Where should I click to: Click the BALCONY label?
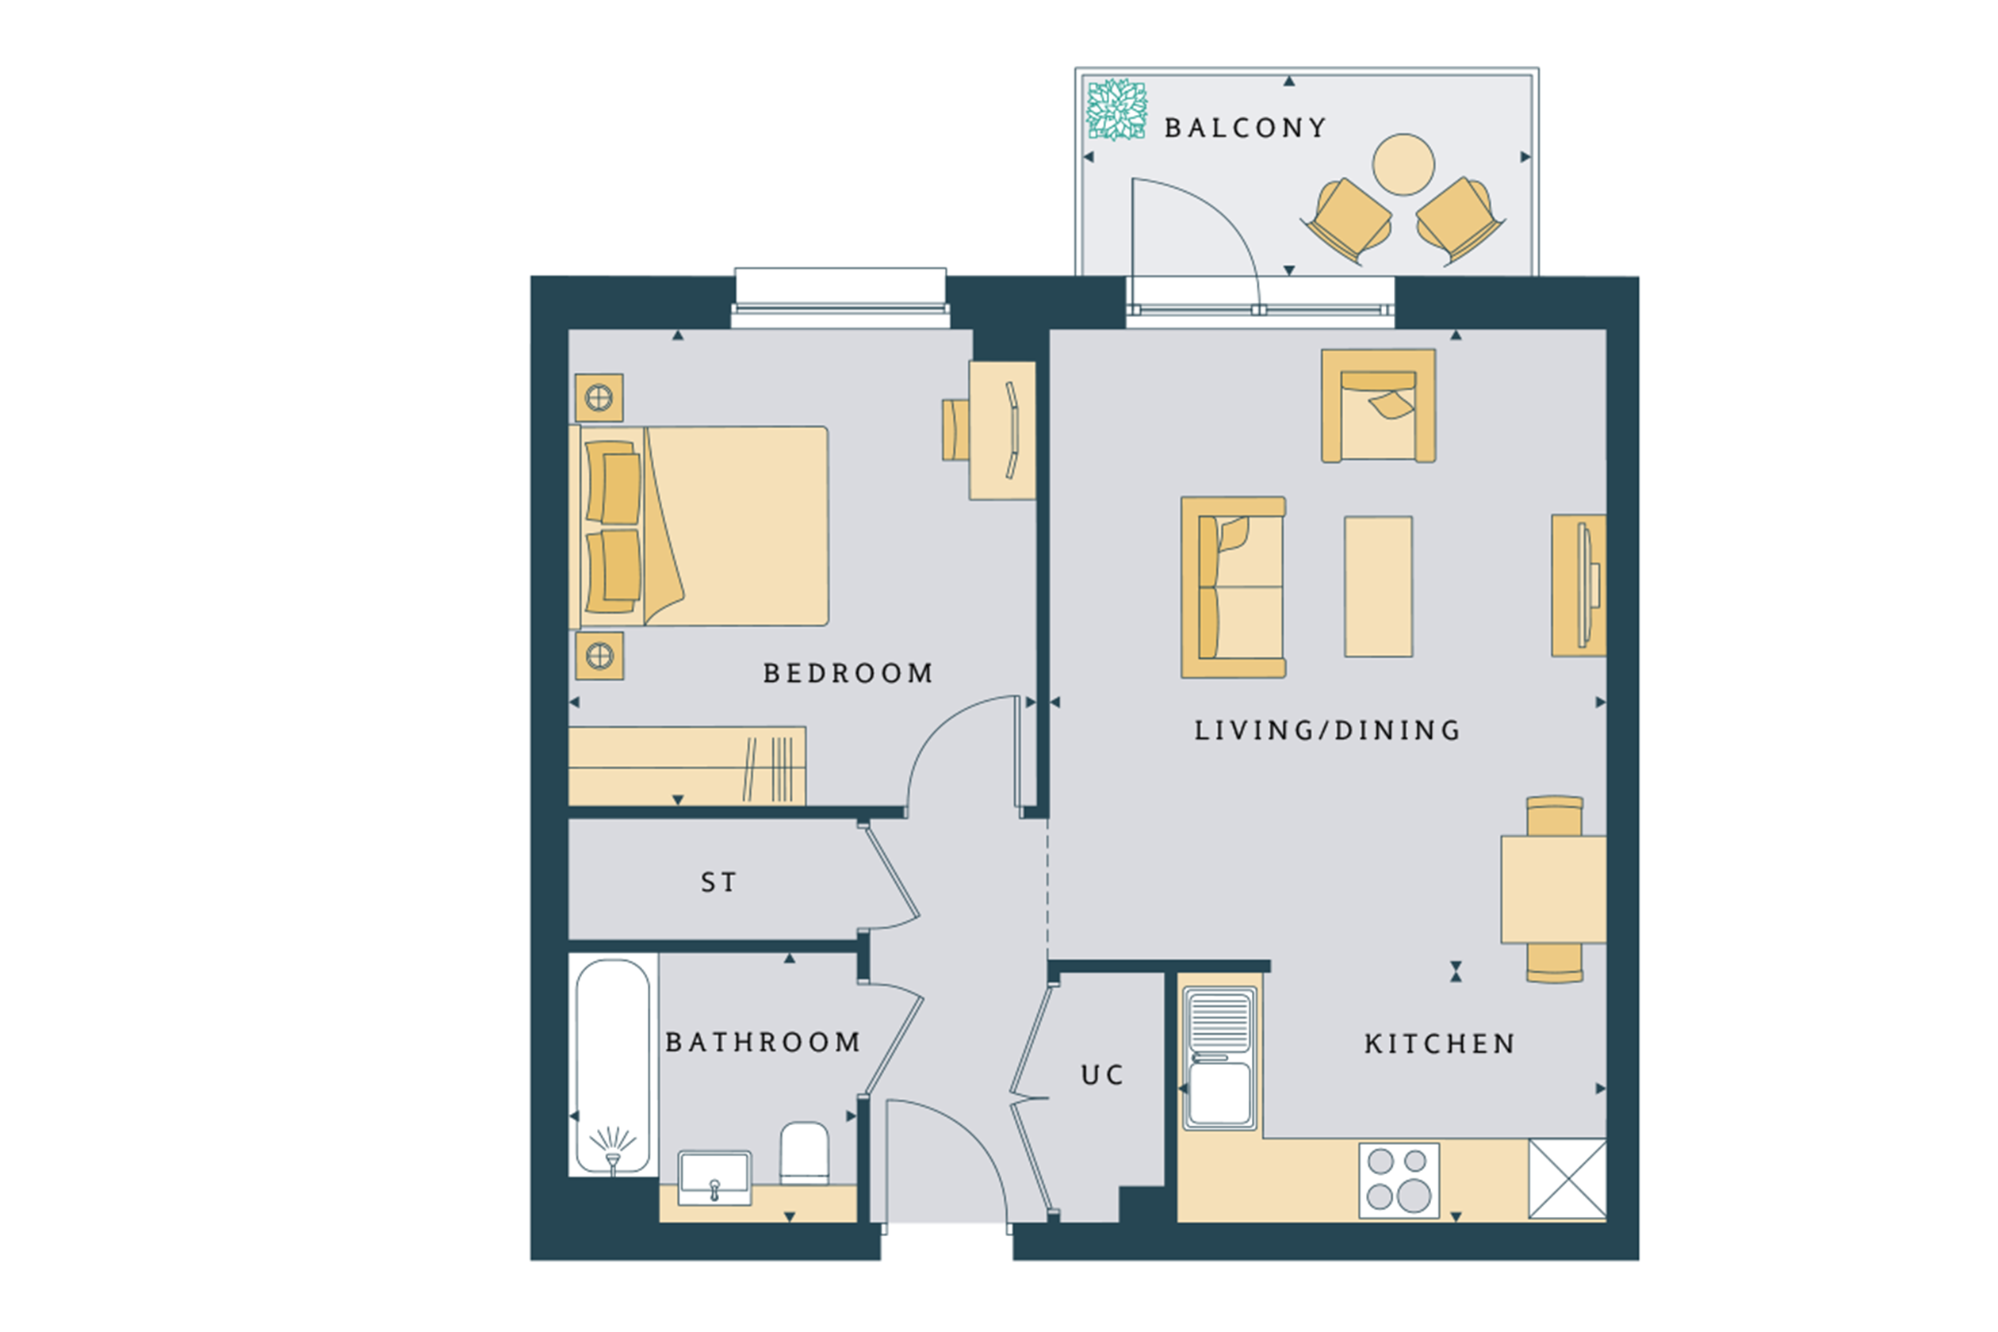[x=1245, y=128]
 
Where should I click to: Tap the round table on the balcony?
[x=1403, y=165]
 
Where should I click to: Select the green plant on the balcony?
[x=1117, y=109]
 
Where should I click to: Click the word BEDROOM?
[x=848, y=674]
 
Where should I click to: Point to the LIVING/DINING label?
[x=1328, y=730]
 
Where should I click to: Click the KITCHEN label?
[x=1440, y=1044]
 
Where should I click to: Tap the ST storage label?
[x=718, y=882]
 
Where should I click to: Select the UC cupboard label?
[x=1103, y=1075]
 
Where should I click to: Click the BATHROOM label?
[x=763, y=1043]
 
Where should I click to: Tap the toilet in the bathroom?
[x=804, y=1153]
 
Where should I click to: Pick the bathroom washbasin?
[x=714, y=1177]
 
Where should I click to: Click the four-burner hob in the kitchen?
[x=1399, y=1181]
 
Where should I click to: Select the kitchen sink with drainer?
[x=1219, y=1058]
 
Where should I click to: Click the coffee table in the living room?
[x=1378, y=586]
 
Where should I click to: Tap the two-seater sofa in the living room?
[x=1233, y=587]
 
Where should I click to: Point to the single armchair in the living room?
[x=1378, y=406]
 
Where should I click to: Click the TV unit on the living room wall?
[x=1579, y=585]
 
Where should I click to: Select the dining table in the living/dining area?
[x=1553, y=890]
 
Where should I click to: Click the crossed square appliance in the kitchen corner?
[x=1567, y=1178]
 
